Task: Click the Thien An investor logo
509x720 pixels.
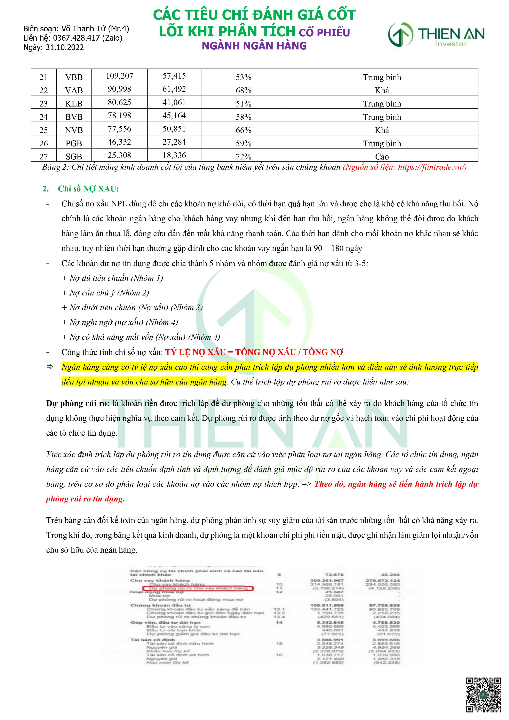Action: (436, 34)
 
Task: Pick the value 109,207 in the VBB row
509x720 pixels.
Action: (119, 76)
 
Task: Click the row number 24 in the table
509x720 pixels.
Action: (43, 117)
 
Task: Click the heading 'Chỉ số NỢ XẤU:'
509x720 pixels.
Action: (88, 189)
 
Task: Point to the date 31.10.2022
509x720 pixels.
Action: (65, 47)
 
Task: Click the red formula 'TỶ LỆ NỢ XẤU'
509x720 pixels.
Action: (195, 352)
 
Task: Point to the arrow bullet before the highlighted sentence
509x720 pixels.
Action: (50, 367)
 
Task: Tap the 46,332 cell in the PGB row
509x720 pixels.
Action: (119, 142)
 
